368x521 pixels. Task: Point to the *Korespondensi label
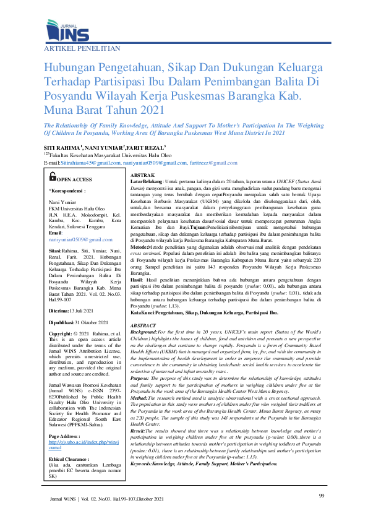pyautogui.click(x=67, y=192)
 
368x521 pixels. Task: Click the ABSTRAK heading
pyautogui.click(x=143, y=176)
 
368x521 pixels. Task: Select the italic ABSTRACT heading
pyautogui.click(x=143, y=325)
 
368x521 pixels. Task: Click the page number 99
pyautogui.click(x=321, y=496)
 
